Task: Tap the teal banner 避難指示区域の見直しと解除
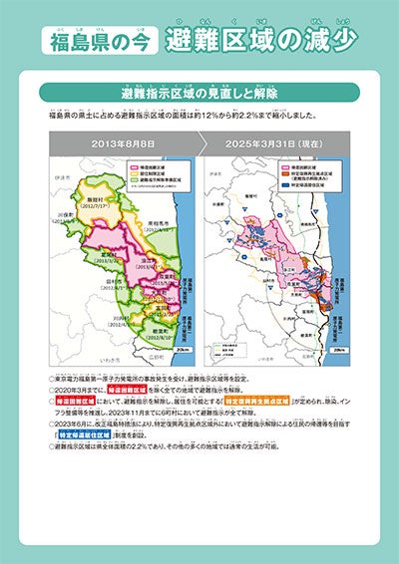click(200, 92)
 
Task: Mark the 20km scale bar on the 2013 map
click(180, 350)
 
